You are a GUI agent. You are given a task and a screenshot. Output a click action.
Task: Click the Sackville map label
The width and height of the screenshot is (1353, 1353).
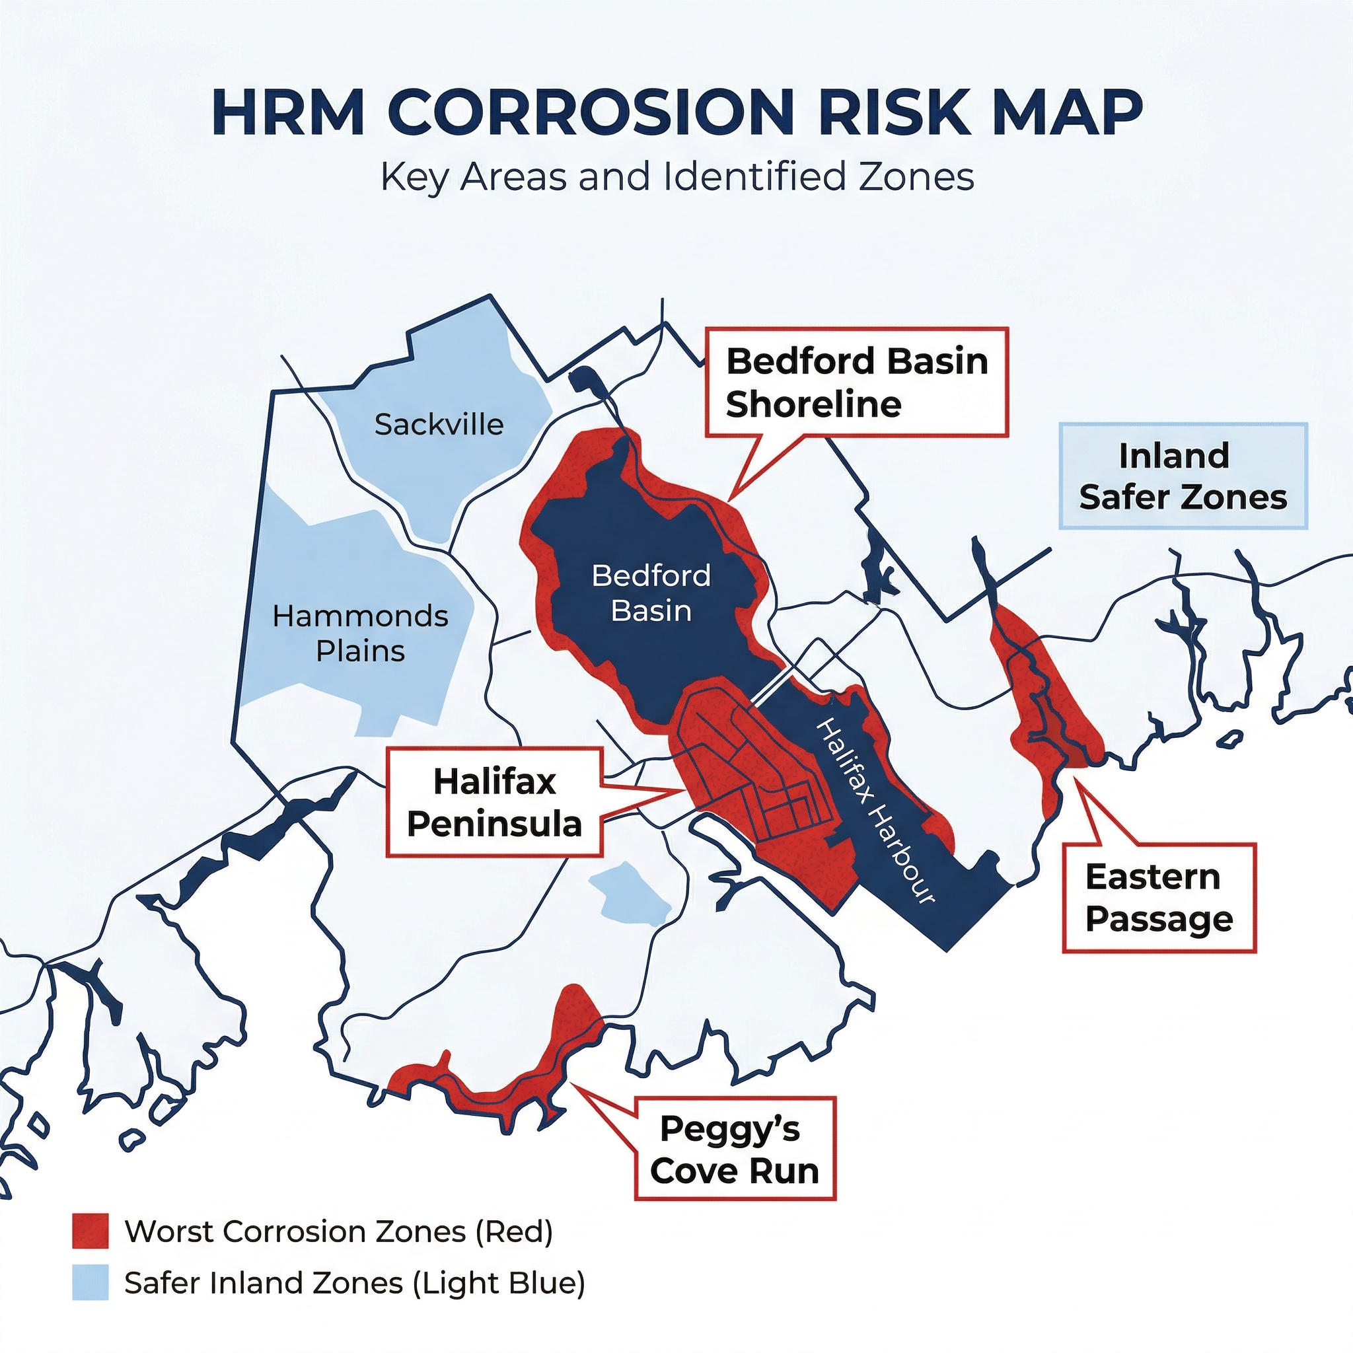tap(439, 424)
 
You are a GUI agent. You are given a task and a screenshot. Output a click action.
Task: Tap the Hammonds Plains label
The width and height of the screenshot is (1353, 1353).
tap(360, 633)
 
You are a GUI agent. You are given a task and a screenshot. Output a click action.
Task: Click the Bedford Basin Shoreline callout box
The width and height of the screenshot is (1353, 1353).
tap(856, 383)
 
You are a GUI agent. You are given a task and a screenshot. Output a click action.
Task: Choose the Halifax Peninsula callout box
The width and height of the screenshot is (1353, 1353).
tap(494, 803)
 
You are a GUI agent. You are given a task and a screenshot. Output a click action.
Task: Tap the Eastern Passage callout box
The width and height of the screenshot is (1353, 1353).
tap(1159, 898)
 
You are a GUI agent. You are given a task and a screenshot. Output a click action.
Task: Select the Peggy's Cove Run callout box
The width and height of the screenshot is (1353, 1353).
tap(735, 1150)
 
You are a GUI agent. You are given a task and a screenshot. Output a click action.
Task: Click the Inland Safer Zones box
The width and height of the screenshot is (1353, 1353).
tap(1183, 476)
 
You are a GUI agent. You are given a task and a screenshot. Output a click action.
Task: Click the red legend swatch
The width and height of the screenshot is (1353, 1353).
tap(91, 1230)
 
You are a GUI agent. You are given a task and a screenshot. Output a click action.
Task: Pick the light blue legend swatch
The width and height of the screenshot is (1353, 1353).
tap(91, 1282)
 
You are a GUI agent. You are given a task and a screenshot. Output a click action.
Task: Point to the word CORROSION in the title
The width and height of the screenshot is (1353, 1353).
tap(591, 112)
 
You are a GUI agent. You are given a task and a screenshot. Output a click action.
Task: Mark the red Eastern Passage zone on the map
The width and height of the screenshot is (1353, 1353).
tap(1043, 700)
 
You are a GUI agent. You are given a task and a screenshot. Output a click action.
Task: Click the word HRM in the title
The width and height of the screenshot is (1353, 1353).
tap(289, 112)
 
